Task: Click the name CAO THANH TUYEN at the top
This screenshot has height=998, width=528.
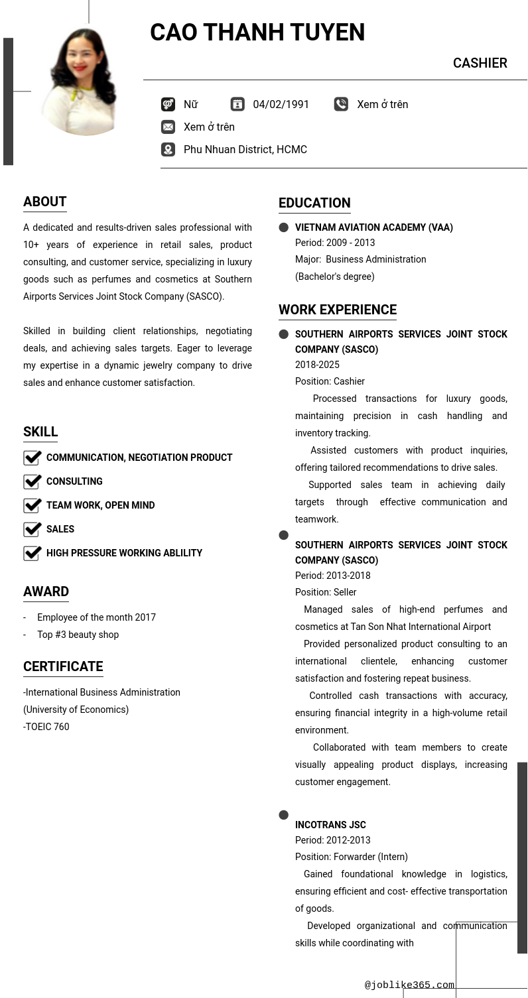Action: pyautogui.click(x=257, y=32)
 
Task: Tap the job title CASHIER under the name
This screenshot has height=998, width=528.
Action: pyautogui.click(x=480, y=63)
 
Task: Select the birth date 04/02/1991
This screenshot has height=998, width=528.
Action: pyautogui.click(x=281, y=104)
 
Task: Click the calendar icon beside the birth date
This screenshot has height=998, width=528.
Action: pyautogui.click(x=237, y=104)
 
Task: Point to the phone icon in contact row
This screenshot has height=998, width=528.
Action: pyautogui.click(x=341, y=104)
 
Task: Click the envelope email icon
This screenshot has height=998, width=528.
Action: pyautogui.click(x=168, y=127)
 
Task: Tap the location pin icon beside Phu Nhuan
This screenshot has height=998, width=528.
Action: pyautogui.click(x=168, y=149)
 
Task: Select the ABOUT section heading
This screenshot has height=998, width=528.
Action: pyautogui.click(x=45, y=202)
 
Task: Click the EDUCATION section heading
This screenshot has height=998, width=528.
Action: pyautogui.click(x=314, y=203)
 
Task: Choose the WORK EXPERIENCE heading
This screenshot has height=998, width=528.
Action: pyautogui.click(x=338, y=310)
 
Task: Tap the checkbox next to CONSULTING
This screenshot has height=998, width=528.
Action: pyautogui.click(x=33, y=481)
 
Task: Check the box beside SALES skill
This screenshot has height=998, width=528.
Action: pyautogui.click(x=33, y=529)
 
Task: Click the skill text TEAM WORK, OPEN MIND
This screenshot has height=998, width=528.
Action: pyautogui.click(x=100, y=505)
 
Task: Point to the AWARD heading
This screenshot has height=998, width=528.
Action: pyautogui.click(x=46, y=592)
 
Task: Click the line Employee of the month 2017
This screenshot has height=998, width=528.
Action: pyautogui.click(x=96, y=617)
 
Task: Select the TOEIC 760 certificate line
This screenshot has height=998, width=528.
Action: pyautogui.click(x=46, y=727)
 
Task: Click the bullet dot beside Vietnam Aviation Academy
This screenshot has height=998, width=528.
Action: pyautogui.click(x=284, y=227)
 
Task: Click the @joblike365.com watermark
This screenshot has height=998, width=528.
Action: pyautogui.click(x=409, y=985)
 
